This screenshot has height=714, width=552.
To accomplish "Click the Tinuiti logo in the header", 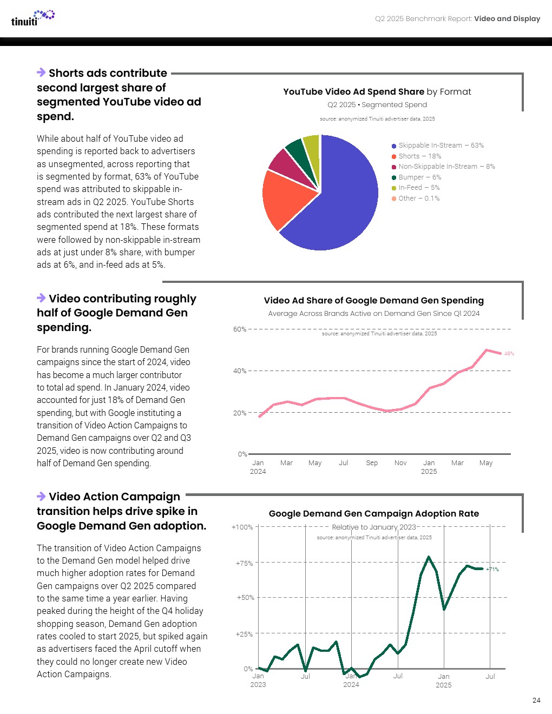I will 32,18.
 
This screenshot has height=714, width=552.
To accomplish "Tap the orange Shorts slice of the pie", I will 284,197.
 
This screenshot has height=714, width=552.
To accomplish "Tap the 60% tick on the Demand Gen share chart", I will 239,329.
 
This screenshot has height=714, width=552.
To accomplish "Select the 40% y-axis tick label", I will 239,371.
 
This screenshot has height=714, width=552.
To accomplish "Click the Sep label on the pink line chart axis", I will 372,463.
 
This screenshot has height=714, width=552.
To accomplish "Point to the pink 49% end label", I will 509,354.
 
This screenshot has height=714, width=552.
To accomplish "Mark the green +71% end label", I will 492,570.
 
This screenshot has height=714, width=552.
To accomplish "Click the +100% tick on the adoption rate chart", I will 242,527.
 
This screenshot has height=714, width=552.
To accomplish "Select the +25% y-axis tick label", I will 244,634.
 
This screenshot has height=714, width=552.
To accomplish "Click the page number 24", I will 536,700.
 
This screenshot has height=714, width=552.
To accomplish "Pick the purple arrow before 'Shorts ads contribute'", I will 41,72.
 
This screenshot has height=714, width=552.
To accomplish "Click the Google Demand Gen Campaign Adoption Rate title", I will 373,514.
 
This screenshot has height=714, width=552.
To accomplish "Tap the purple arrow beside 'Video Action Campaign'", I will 41,497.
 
